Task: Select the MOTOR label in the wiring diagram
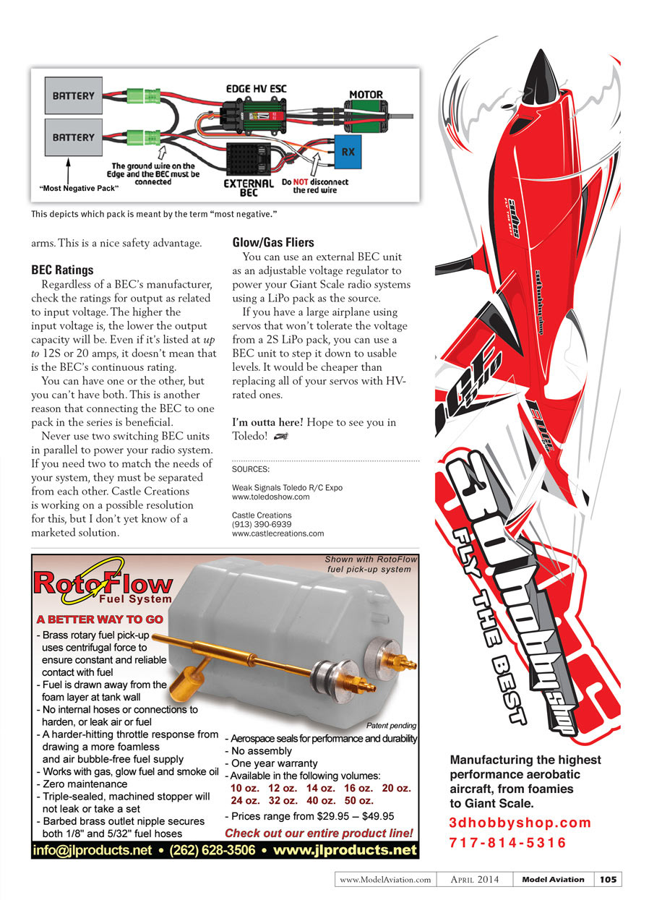click(366, 95)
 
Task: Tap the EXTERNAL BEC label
click(249, 188)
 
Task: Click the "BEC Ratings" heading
click(62, 270)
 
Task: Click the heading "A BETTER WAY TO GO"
click(100, 620)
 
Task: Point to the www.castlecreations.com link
click(278, 533)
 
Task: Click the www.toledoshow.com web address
click(270, 497)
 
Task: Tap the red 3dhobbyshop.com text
click(520, 823)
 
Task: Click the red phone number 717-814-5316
click(507, 843)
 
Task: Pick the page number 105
click(608, 879)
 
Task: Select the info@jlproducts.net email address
click(93, 850)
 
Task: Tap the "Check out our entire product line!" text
click(319, 833)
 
